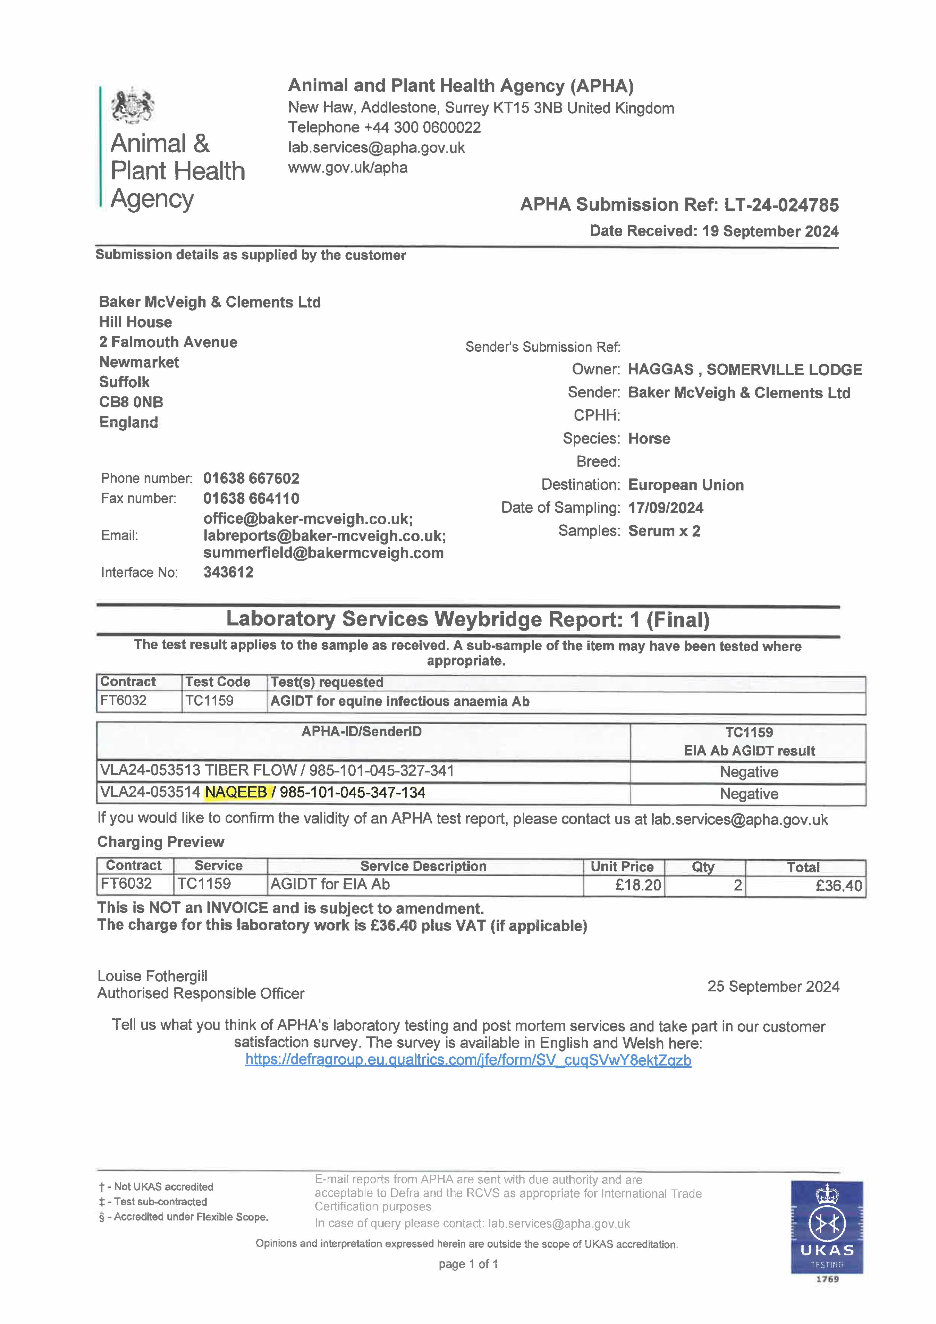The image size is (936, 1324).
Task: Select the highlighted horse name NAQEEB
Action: (236, 792)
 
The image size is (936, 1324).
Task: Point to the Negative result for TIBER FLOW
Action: (749, 772)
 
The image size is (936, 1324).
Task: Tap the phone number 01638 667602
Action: (251, 478)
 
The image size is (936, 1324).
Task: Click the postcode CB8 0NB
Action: (131, 402)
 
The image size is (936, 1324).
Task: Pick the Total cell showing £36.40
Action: (839, 886)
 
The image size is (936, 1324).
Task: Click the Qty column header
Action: (703, 867)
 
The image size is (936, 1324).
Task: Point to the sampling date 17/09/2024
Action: (665, 508)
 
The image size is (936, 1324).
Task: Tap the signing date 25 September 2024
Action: (773, 987)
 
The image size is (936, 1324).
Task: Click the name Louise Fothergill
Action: (152, 976)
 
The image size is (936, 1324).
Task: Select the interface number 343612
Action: (229, 572)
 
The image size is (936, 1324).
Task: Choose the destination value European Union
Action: (686, 485)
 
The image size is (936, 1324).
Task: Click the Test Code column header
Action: (217, 682)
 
